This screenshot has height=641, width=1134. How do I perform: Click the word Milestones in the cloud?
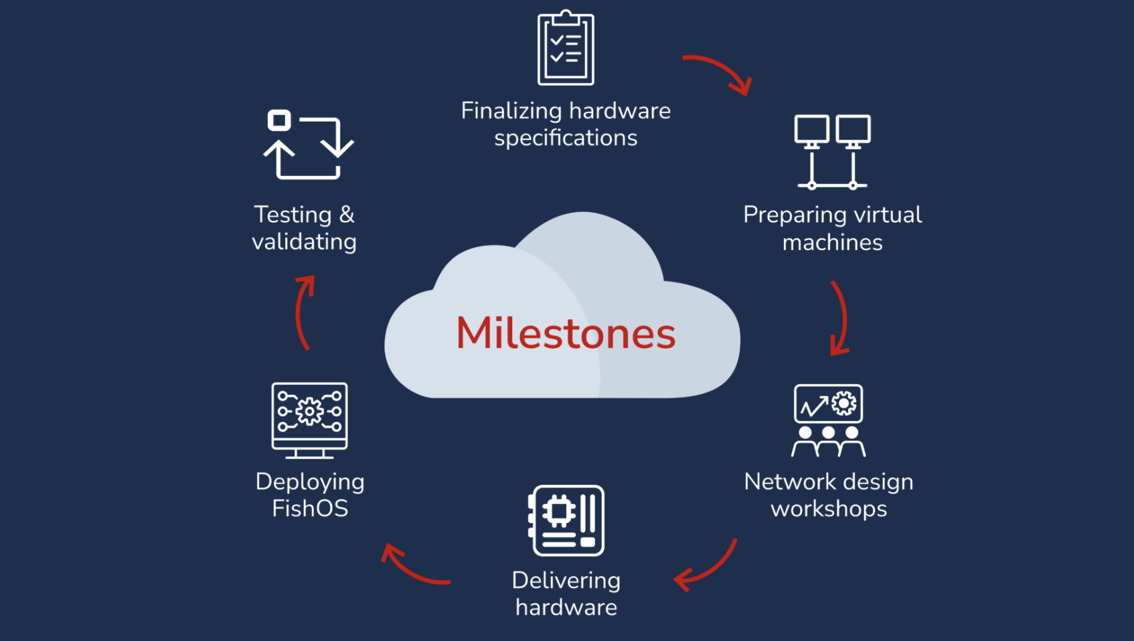pos(566,333)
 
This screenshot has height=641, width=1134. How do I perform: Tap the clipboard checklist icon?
pos(566,48)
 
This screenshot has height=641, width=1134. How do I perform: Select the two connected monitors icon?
pos(832,151)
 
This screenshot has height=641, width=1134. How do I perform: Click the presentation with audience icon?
pos(828,420)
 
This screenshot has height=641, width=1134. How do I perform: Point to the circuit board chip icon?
pos(566,521)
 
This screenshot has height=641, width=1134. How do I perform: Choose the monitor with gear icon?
pos(309,420)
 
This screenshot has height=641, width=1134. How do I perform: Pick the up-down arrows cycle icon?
pos(308,145)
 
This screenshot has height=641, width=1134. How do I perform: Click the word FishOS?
pos(310,509)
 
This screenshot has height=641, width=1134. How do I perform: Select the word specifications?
pos(566,138)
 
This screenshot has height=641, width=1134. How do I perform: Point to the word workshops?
pos(829,509)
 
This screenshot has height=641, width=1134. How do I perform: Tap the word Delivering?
pos(566,580)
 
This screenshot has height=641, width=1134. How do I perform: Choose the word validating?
pos(304,242)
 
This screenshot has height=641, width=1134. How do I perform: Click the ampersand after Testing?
pos(347,215)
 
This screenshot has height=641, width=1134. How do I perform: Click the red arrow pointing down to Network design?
pos(841,318)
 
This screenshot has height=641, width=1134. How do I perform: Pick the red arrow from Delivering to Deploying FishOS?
pos(413,568)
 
